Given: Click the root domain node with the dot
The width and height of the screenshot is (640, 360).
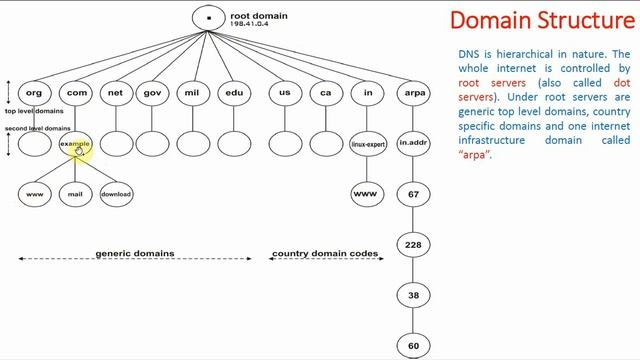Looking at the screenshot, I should [209, 18].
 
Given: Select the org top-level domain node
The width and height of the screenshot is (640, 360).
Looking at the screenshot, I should [34, 92].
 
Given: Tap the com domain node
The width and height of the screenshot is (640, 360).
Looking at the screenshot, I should [75, 92].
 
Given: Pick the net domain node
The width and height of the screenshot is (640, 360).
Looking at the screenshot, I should [116, 92].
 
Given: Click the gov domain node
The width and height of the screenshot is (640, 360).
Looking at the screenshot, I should [153, 92].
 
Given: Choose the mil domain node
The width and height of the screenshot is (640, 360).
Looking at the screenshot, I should [192, 92].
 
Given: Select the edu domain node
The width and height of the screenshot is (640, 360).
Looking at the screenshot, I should [233, 92].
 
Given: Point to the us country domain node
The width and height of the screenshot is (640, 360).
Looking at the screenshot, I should [285, 92].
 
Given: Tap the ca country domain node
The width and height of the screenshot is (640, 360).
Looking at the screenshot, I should [326, 92].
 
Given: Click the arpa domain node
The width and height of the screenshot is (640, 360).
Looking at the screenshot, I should [413, 92].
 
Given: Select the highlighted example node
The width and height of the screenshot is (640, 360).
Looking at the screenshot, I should [75, 144].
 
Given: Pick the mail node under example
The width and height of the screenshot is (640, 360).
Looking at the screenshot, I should [75, 194].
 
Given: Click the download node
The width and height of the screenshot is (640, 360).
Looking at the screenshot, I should [116, 194].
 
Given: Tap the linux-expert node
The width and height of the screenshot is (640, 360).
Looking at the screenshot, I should [368, 144].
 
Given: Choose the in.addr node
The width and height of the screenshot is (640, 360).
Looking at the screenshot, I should [413, 144].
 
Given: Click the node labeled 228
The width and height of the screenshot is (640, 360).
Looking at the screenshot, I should [413, 244].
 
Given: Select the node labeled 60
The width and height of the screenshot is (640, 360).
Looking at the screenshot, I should [413, 346].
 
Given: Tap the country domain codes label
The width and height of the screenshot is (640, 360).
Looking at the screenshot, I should [326, 254].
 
